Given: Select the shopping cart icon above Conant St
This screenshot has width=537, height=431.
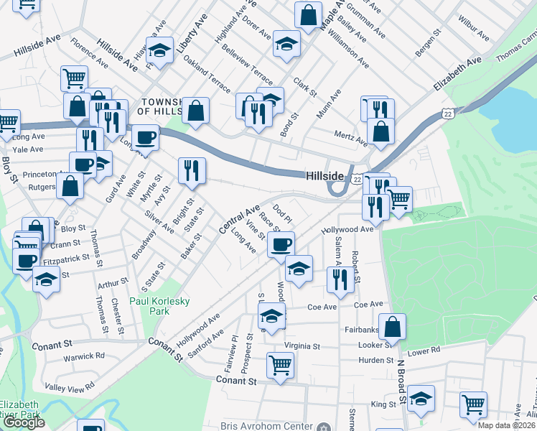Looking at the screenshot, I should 279,364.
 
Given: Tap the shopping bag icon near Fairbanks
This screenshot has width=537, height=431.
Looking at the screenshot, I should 393,327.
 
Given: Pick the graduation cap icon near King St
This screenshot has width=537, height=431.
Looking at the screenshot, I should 421,399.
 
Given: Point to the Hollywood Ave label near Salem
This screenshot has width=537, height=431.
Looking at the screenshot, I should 347,230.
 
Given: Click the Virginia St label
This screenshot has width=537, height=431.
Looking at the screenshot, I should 302,346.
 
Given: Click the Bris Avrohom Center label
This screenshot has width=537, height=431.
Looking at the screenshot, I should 266,426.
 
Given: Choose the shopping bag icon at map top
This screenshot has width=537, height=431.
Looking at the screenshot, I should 308,15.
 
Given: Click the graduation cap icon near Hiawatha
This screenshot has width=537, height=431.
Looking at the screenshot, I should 160,50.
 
